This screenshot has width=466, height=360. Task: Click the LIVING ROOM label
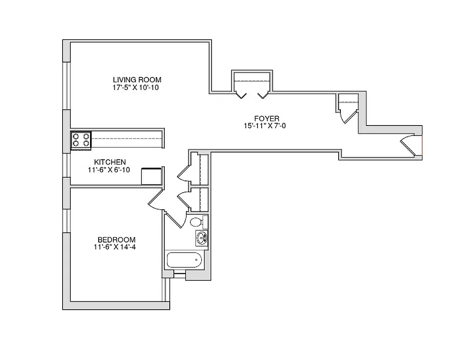point(137,80)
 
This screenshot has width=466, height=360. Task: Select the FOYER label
point(266,119)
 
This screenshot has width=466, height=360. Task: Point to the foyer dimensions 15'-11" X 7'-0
point(266,126)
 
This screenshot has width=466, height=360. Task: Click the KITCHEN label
point(110,162)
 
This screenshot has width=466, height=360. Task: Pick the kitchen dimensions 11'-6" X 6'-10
point(110,170)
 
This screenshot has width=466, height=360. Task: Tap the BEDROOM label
point(117,239)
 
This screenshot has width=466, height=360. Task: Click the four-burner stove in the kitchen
point(81,139)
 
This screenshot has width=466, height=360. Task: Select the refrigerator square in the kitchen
point(152,176)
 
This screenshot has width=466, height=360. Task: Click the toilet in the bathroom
point(197,221)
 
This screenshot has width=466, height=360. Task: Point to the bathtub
point(184,260)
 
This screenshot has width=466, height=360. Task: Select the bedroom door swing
point(156,200)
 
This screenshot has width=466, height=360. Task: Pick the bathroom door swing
point(175,219)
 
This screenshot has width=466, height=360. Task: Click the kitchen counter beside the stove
point(126,139)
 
